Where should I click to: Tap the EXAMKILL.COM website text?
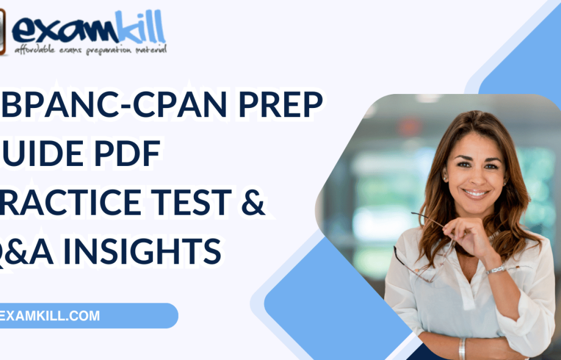point(51,316)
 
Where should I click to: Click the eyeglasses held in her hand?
point(421,244)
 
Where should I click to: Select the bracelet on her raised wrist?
point(495,269)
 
